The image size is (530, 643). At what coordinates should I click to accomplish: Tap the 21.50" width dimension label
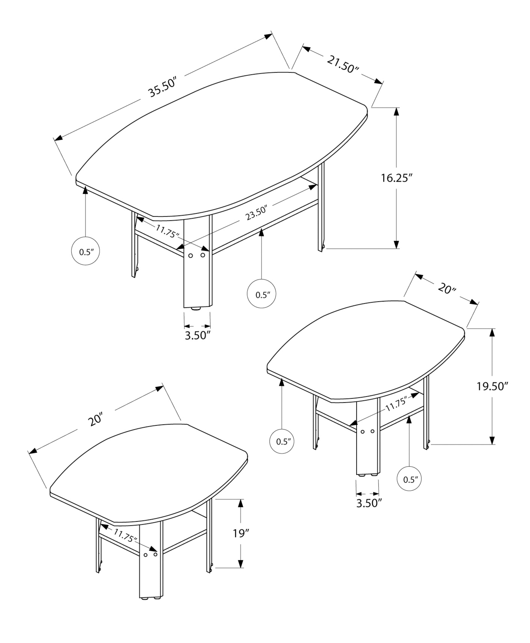point(343,64)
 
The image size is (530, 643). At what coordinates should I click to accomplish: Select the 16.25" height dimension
point(397,178)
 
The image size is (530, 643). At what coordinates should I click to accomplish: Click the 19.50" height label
point(492,386)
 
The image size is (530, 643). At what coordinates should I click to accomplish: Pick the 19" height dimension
point(241,534)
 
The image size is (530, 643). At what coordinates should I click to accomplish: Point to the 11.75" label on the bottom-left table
point(125,536)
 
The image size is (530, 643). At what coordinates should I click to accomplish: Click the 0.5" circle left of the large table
point(85,251)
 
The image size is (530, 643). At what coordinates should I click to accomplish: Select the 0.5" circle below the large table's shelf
point(261,294)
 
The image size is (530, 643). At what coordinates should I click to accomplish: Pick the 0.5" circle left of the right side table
point(282,441)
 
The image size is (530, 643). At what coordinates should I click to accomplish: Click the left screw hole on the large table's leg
point(190,256)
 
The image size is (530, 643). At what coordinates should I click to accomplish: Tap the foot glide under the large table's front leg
point(196,309)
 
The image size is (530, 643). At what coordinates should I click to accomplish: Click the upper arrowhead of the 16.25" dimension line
point(397,112)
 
